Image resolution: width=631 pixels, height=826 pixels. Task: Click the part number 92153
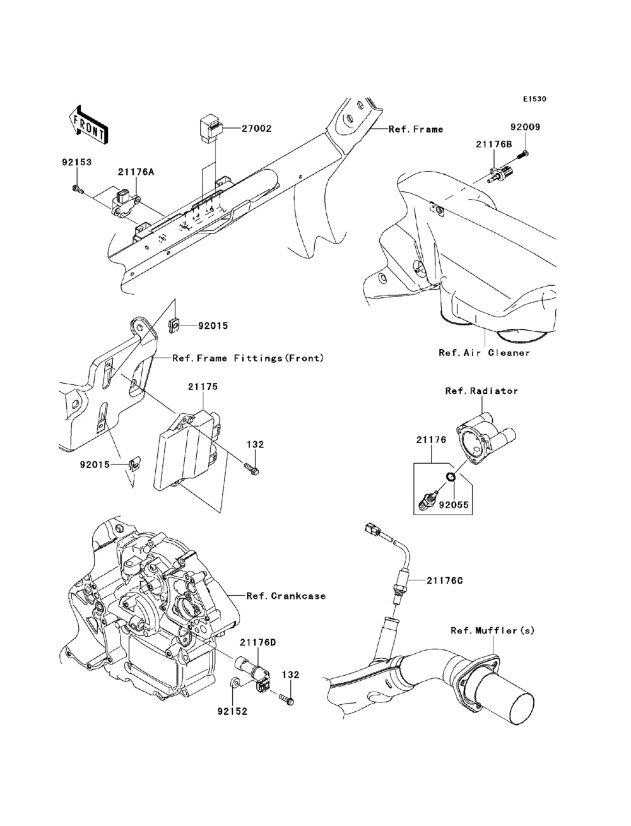click(76, 162)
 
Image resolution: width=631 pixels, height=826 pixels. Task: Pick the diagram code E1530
click(534, 99)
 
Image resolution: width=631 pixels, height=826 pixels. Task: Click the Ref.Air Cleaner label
click(485, 353)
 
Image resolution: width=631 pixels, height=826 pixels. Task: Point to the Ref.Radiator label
click(481, 391)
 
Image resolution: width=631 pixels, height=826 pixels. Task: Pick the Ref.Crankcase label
click(286, 595)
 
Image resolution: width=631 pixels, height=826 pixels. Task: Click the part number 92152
click(232, 711)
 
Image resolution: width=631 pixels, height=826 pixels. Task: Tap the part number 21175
click(202, 386)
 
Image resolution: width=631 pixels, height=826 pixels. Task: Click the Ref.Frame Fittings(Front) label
click(248, 358)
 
